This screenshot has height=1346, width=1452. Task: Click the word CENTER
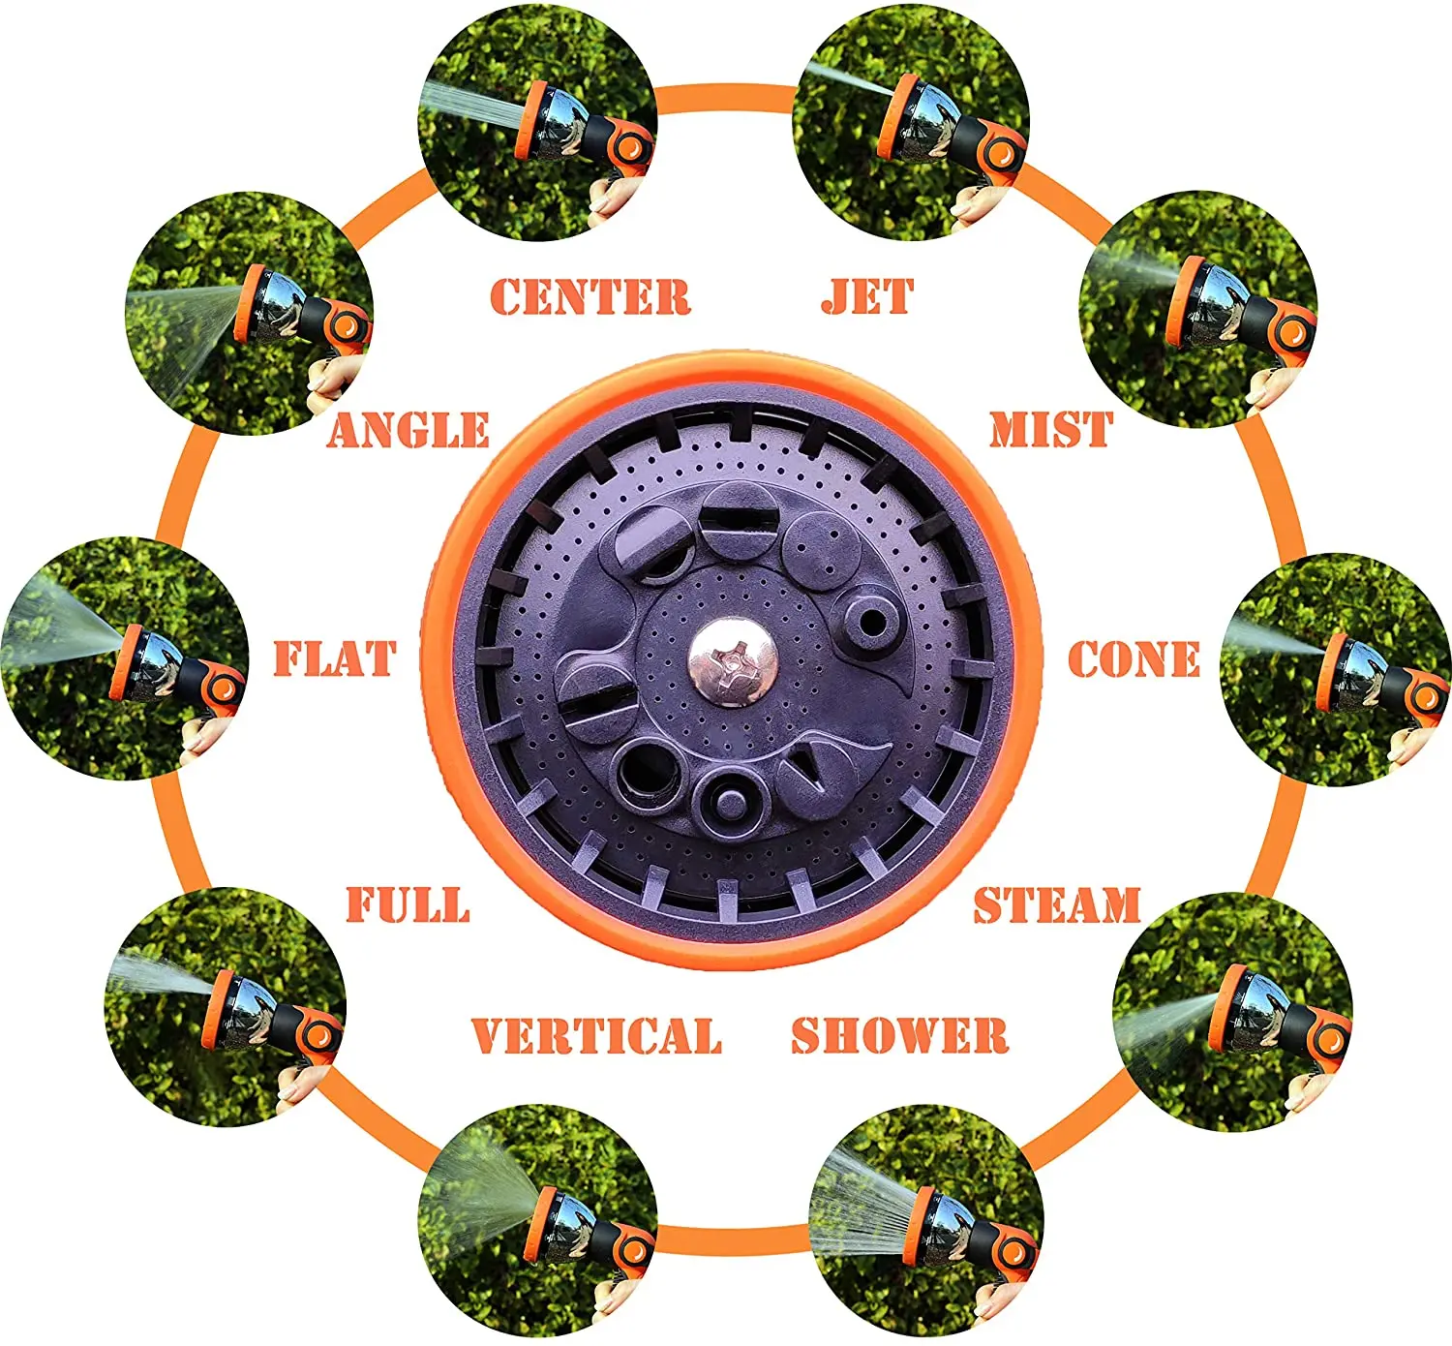590,297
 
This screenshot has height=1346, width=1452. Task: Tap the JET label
867,296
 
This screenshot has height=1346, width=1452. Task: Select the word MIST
1050,430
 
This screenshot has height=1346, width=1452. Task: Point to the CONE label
1134,660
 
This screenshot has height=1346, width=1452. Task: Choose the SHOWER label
899,1035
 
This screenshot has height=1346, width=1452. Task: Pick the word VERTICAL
596,1036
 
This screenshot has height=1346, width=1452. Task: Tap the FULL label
408,905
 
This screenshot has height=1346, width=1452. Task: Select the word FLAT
335,659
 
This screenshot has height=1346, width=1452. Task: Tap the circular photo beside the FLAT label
124,658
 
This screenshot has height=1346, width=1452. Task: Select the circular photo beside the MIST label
1198,310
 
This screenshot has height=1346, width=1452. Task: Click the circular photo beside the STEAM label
1231,1012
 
